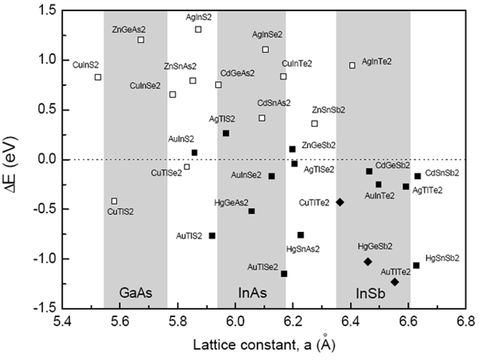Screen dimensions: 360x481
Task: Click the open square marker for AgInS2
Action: (198, 29)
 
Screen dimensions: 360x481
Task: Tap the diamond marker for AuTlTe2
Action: (394, 282)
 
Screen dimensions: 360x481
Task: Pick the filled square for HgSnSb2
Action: (416, 265)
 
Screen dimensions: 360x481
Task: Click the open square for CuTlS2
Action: (114, 201)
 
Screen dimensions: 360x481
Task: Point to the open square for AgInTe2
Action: (352, 66)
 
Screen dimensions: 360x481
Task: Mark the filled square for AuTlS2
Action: (212, 236)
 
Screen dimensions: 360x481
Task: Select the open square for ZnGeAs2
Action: (141, 40)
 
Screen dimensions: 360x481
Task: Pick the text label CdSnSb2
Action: (443, 173)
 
